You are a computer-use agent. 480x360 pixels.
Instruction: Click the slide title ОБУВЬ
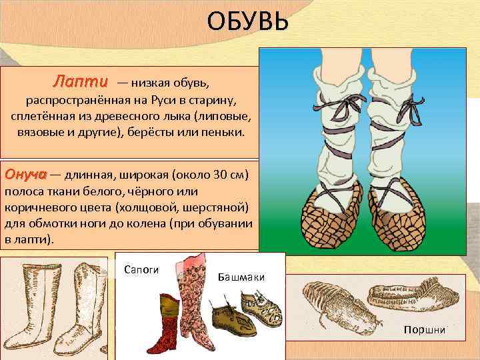point(247,23)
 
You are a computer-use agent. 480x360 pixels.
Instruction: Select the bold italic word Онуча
point(25,175)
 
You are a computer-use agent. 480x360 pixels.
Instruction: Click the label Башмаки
point(241,277)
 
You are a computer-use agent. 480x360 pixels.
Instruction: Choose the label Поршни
point(424,331)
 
